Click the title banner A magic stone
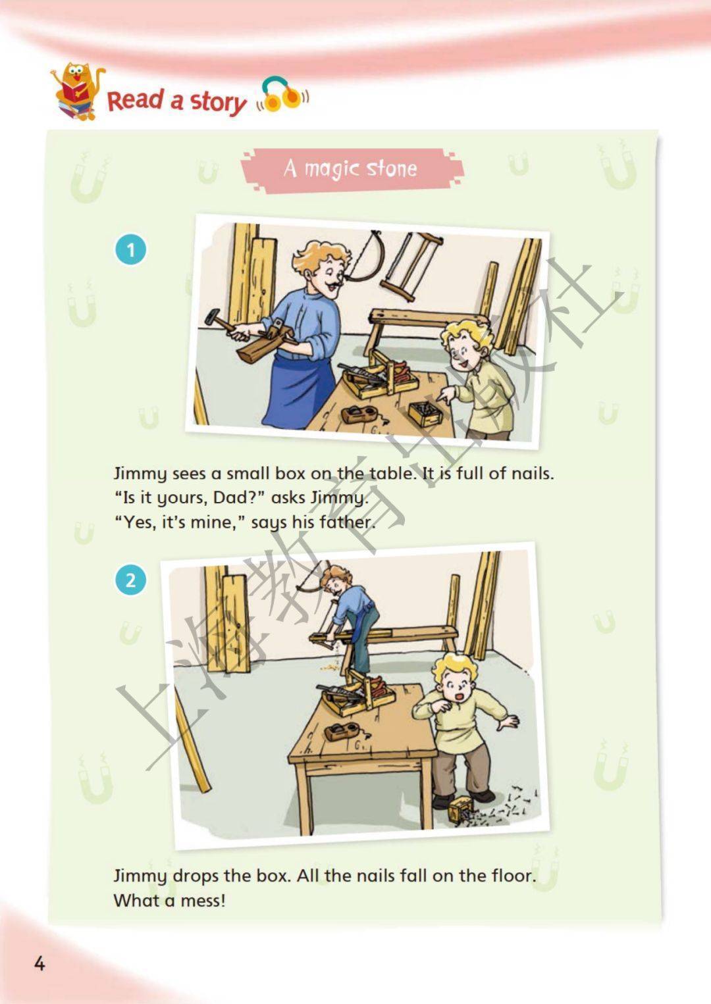352,170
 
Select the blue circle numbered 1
130,249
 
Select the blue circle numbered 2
130,580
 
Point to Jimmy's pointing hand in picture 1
447,395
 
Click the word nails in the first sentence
531,473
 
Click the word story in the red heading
218,102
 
